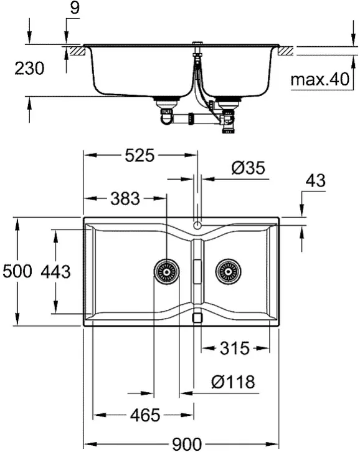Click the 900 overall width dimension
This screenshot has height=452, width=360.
click(187, 445)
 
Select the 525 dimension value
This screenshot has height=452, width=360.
click(140, 156)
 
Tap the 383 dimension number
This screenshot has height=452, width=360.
click(125, 199)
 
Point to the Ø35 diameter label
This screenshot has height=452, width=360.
click(248, 168)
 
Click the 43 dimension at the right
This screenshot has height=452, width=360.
click(316, 181)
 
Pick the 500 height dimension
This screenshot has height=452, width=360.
click(17, 272)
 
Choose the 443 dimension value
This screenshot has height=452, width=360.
click(55, 272)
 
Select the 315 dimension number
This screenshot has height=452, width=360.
click(234, 349)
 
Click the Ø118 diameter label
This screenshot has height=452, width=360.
click(233, 382)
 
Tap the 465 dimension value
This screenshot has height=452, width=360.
click(145, 415)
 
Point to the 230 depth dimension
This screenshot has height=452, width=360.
click(29, 69)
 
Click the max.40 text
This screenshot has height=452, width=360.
click(320, 79)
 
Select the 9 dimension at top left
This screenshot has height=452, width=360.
click(75, 7)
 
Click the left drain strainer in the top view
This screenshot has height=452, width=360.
click(166, 272)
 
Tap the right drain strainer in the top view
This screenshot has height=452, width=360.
click(229, 272)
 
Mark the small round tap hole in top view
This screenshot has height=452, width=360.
click(197, 225)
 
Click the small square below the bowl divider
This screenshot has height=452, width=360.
click(197, 317)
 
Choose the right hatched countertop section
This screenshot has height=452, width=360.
click(286, 51)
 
